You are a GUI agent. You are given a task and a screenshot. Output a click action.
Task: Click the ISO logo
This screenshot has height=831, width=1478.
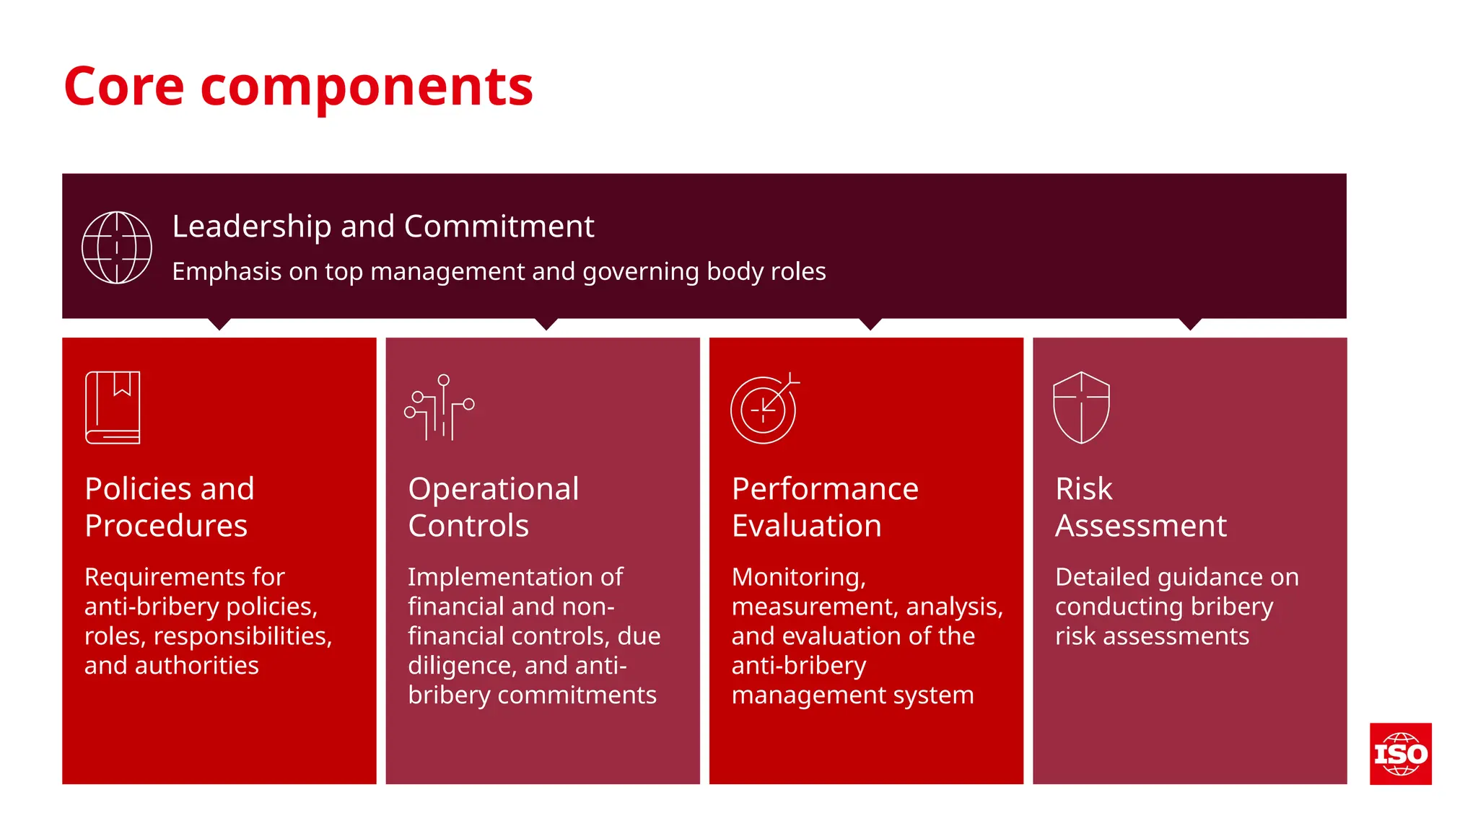pos(1400,754)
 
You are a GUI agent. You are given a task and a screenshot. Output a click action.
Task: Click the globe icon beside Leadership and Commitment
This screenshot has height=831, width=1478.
pos(117,247)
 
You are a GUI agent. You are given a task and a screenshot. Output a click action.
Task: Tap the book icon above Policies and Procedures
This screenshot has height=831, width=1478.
pos(113,408)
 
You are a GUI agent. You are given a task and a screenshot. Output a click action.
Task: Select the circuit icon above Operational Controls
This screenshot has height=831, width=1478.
pos(439,408)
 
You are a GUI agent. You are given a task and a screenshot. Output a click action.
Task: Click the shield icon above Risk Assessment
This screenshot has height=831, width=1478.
pos(1081,408)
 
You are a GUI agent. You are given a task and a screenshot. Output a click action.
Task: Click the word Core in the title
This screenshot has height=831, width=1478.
pos(123,87)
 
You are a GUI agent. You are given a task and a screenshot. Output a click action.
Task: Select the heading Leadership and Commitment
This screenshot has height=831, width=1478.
pos(382,227)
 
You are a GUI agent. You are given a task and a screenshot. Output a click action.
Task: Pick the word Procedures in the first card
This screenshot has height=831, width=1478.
pos(166,526)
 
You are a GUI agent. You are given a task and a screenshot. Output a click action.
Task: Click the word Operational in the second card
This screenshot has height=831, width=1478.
pos(494,489)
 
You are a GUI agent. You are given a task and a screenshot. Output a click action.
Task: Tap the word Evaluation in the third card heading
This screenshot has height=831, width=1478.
pos(806,526)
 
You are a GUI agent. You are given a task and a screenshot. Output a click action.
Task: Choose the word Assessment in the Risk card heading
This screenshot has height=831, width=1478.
pos(1140,526)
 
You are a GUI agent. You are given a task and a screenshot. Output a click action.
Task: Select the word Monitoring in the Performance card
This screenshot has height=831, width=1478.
pos(798,577)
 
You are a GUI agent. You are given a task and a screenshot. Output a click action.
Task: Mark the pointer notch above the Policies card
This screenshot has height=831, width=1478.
pos(219,324)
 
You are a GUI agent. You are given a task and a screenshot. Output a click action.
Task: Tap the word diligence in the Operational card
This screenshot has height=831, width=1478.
pos(462,666)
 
